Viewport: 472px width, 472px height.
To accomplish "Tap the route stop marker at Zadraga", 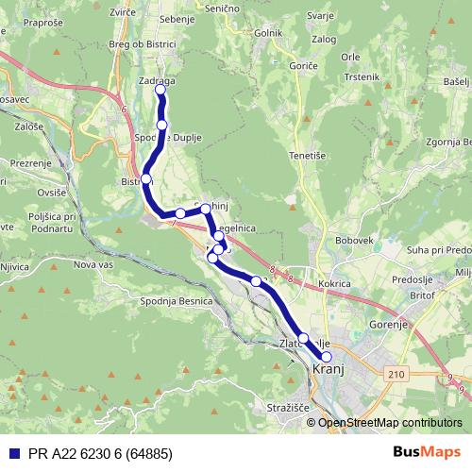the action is point(160,91).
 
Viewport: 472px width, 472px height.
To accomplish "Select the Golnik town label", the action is point(269,33).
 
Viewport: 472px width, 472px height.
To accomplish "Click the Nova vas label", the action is point(93,265).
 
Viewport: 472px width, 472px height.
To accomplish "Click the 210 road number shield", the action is point(396,374).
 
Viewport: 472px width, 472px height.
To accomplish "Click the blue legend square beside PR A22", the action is point(15,453).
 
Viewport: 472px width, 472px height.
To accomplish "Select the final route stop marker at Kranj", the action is point(327,357).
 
